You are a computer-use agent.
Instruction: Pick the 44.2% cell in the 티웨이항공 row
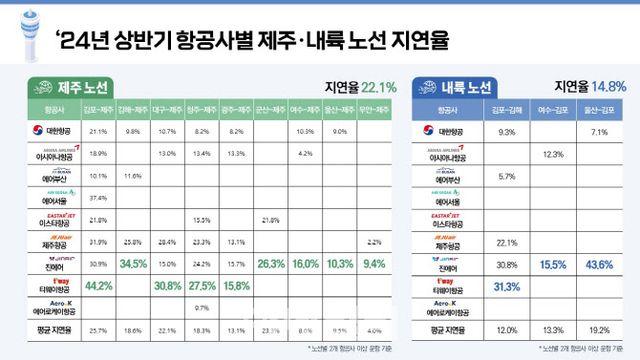pos(99,285)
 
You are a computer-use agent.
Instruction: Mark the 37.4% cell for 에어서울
pos(99,197)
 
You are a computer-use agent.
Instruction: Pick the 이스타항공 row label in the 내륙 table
pos(450,220)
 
